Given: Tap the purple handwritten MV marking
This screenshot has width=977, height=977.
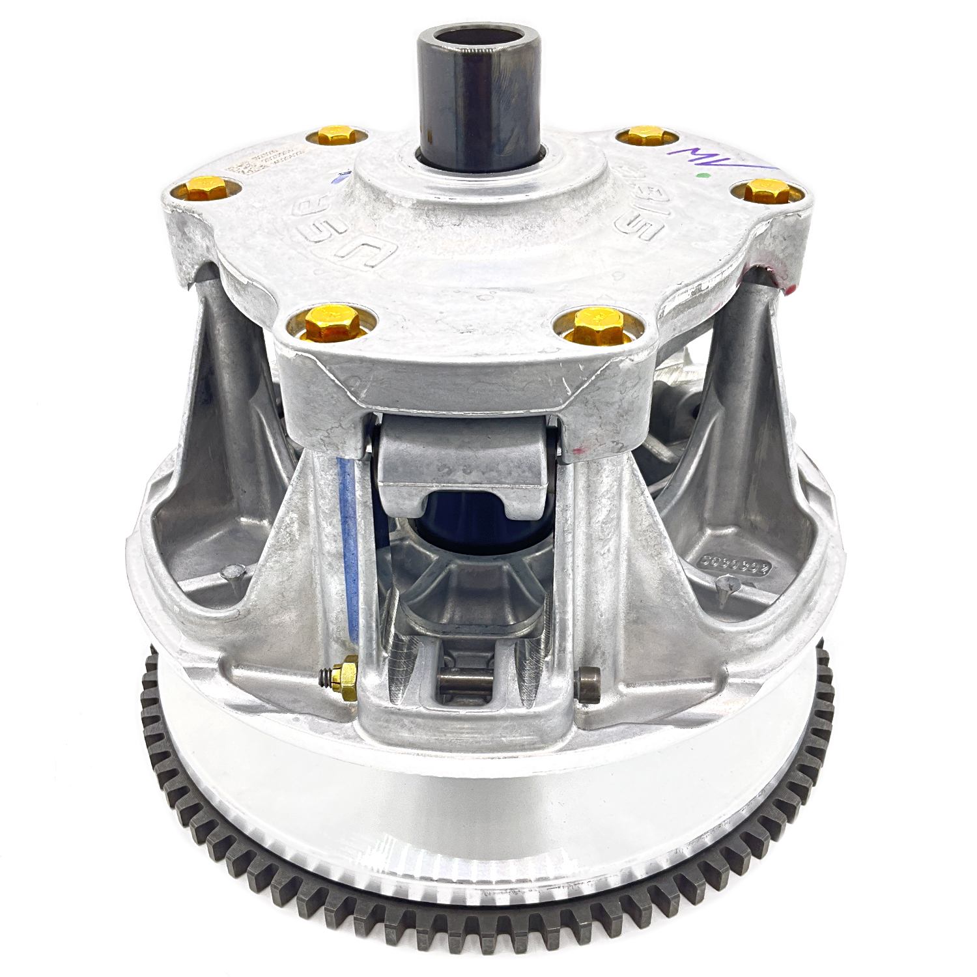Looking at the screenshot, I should click(703, 157).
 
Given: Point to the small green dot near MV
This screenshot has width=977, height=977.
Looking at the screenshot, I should click(700, 175).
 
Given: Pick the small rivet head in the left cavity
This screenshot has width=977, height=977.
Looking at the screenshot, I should click(230, 573).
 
